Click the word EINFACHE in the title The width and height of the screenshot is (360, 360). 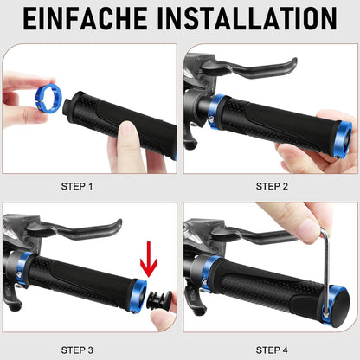coord(85,18)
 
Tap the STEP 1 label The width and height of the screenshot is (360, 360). coord(77,186)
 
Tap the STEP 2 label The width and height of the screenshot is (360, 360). coord(272,186)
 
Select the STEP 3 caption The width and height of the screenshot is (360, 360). coord(77,350)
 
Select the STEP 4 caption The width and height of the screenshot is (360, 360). coord(272,350)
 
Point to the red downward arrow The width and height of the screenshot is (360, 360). coord(149,260)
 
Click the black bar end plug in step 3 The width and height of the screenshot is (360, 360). coord(158,301)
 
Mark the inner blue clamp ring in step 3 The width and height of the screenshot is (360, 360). coord(23,268)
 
